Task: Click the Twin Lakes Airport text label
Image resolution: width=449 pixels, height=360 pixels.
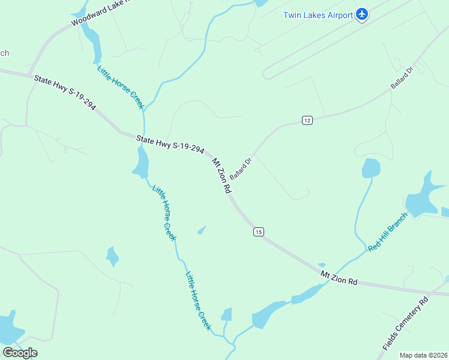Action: tap(318, 15)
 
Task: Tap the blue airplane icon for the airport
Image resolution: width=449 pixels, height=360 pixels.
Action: tap(361, 14)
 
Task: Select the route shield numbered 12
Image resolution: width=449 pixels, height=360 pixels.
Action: tap(307, 120)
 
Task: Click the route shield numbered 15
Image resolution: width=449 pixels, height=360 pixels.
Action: tap(258, 232)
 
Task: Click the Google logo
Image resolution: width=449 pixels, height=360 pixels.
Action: tap(20, 352)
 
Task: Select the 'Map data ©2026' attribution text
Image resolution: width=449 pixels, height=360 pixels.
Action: tap(423, 355)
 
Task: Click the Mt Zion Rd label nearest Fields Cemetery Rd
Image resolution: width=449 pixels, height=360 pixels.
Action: tap(339, 277)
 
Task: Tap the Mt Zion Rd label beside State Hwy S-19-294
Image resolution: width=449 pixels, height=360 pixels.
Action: tap(221, 175)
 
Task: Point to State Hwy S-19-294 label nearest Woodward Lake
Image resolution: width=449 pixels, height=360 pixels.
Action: tap(65, 92)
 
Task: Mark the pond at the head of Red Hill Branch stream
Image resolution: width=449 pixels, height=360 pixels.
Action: tap(371, 168)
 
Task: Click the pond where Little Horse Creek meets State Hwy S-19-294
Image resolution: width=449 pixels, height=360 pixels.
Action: tap(142, 162)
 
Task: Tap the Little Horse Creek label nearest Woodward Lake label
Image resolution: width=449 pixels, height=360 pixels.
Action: tap(120, 86)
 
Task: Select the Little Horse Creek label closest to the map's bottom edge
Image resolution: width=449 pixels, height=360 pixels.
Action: tap(198, 301)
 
